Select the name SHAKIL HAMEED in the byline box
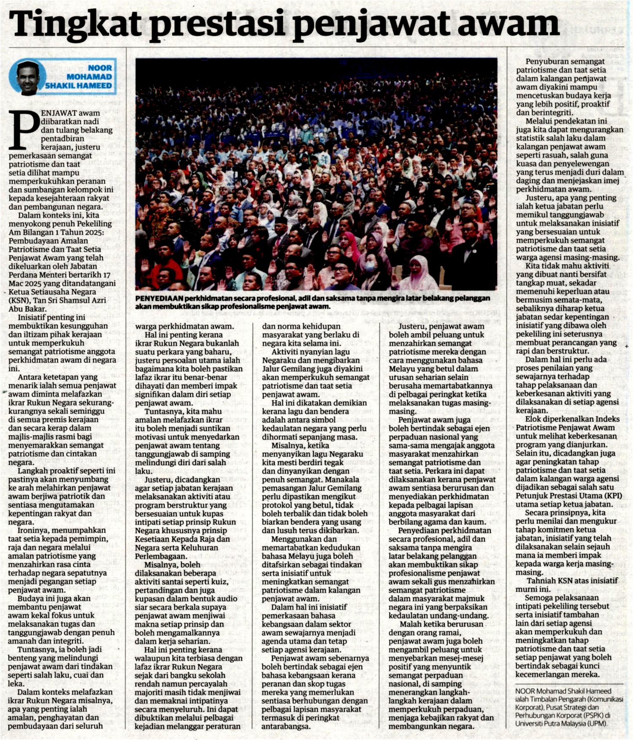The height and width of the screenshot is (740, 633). pos(78,86)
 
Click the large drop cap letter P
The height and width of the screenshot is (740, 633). pos(24,129)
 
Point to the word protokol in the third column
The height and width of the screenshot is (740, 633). pos(276,505)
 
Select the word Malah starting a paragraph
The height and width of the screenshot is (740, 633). pos(411,624)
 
